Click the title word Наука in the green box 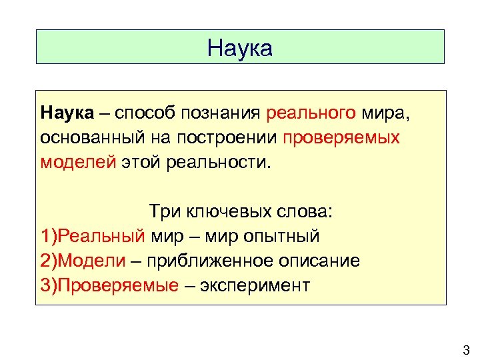(240, 48)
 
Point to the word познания (221, 114)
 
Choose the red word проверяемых (341, 138)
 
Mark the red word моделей (78, 161)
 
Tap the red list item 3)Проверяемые (110, 285)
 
